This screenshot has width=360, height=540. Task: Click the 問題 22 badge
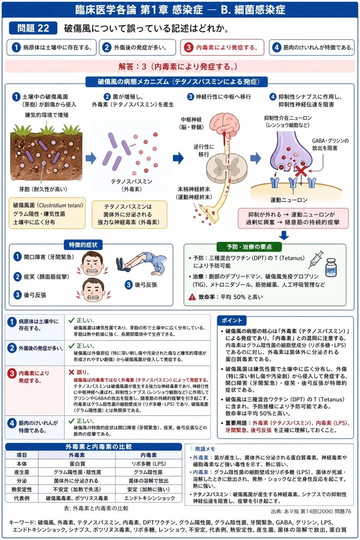click(x=33, y=28)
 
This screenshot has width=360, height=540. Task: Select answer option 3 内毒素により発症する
click(x=222, y=47)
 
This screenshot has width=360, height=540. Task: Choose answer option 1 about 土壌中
click(x=51, y=47)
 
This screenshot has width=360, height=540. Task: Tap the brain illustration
click(x=224, y=123)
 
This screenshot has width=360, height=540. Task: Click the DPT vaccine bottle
click(x=330, y=268)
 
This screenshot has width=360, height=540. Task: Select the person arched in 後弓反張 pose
click(x=141, y=264)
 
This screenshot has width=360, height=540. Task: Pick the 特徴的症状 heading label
click(x=83, y=245)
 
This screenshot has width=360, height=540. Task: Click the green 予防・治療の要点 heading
click(x=249, y=247)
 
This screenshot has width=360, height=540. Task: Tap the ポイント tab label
click(x=231, y=320)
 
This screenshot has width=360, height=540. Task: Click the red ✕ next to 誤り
click(x=71, y=372)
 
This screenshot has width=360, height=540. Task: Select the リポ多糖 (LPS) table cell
click(x=149, y=464)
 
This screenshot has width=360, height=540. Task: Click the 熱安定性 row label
click(x=22, y=489)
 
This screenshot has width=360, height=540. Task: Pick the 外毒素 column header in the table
click(x=77, y=455)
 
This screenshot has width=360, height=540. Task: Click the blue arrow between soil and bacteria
click(x=91, y=158)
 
